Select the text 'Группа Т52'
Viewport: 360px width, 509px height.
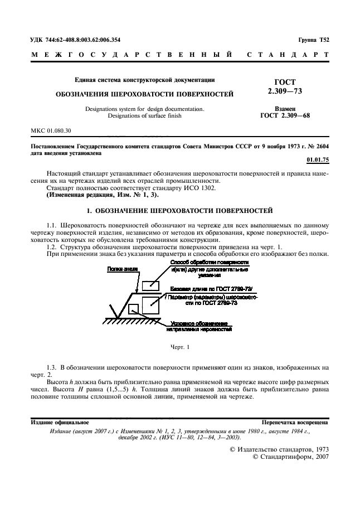(x=314, y=40)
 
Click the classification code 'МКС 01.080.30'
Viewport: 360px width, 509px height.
(x=51, y=130)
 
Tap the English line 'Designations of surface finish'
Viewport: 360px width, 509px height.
(x=144, y=117)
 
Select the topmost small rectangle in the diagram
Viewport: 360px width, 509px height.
(x=150, y=285)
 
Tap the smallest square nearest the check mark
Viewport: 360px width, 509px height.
(x=133, y=308)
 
